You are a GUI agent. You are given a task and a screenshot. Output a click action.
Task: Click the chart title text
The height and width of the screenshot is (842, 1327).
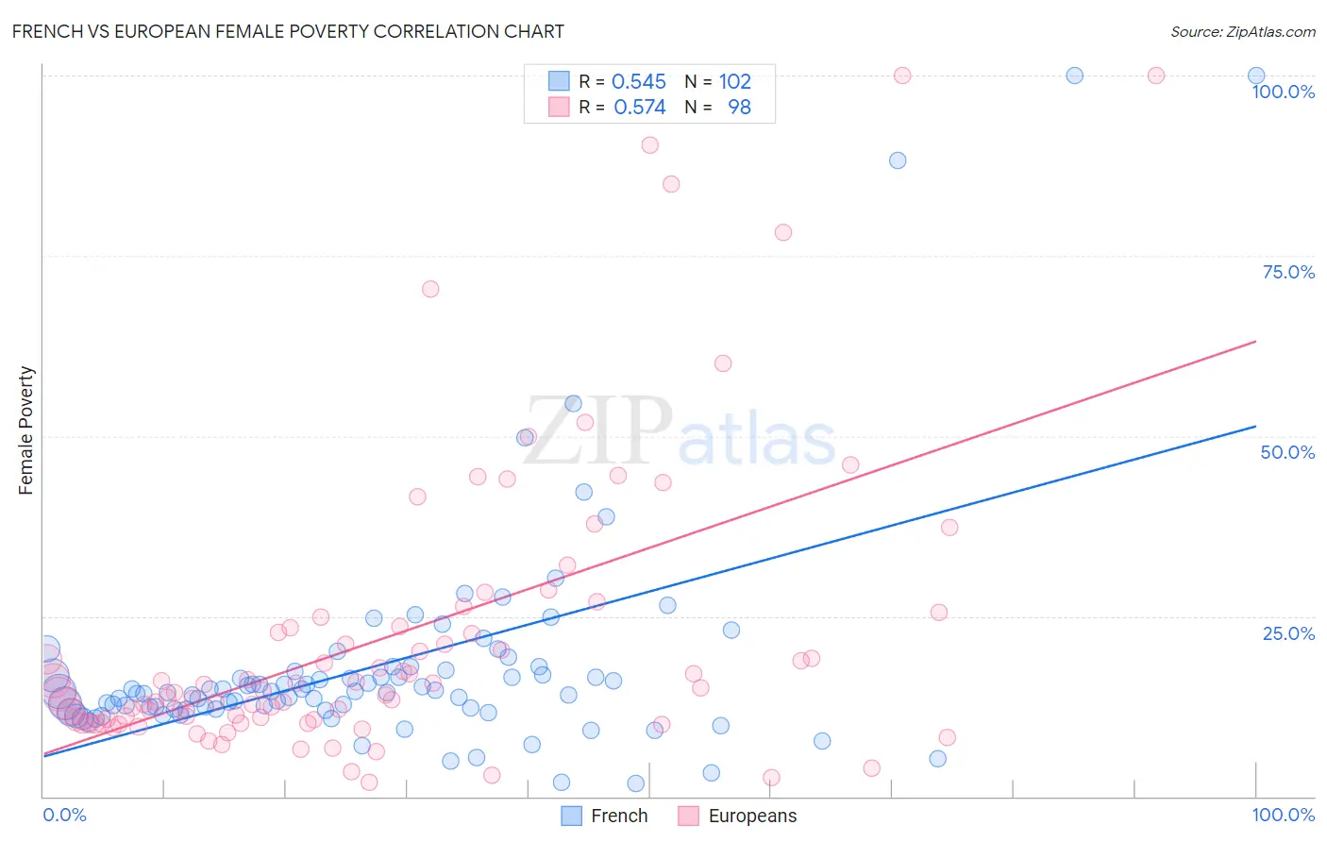tap(288, 31)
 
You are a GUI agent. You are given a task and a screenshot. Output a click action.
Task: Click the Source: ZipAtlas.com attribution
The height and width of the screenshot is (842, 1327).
tap(1242, 31)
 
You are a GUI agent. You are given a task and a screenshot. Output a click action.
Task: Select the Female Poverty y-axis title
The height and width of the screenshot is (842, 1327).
tap(26, 430)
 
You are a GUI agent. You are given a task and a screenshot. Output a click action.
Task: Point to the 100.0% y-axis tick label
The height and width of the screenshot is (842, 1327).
tap(1283, 92)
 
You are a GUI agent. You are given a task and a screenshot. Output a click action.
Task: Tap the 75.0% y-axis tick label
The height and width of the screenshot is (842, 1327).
tap(1288, 272)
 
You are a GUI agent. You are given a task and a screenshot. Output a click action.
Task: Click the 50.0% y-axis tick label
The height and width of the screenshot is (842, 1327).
tap(1287, 452)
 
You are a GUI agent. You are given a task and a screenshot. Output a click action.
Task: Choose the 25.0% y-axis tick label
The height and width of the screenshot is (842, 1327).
tap(1288, 632)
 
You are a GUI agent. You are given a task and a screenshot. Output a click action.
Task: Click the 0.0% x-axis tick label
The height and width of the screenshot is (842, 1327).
tap(64, 815)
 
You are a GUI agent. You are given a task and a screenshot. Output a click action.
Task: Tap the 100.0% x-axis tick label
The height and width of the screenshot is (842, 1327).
tap(1283, 815)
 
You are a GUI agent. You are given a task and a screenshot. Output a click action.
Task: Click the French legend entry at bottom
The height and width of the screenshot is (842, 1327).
tap(605, 816)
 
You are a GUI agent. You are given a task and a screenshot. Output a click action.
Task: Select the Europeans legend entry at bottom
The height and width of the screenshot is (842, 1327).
tap(738, 816)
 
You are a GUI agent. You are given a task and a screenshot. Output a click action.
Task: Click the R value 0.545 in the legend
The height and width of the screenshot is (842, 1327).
tap(639, 82)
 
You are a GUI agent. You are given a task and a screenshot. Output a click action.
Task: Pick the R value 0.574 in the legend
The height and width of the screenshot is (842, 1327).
tap(639, 108)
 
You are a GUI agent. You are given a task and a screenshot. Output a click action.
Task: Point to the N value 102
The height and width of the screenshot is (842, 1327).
tap(734, 82)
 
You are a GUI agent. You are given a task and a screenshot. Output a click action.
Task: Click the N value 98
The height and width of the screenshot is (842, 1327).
tap(739, 108)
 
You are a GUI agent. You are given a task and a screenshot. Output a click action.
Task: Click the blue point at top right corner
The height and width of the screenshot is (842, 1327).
tap(1256, 76)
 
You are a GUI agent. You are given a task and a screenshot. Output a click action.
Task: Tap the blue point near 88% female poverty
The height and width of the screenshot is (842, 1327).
tap(898, 160)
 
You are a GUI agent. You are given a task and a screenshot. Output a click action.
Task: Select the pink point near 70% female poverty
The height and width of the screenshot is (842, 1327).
tap(430, 289)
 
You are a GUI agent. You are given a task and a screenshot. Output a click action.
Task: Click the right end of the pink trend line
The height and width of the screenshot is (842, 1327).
tap(1256, 341)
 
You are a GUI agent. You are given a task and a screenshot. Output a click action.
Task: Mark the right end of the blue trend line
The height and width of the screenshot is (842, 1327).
tap(1256, 427)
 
